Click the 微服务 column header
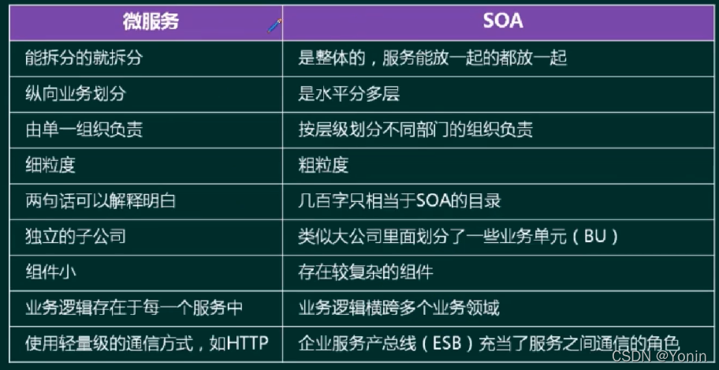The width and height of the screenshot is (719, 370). click(x=151, y=21)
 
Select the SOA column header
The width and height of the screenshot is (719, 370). click(x=502, y=21)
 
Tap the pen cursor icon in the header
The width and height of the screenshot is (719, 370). click(x=274, y=25)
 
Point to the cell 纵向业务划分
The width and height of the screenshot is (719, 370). click(x=75, y=94)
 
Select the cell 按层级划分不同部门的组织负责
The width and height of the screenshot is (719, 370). click(x=415, y=129)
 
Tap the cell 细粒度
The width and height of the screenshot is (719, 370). click(x=53, y=165)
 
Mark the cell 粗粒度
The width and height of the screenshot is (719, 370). click(x=324, y=165)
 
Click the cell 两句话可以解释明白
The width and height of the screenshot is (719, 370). click(x=100, y=200)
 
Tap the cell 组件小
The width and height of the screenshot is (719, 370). click(x=53, y=271)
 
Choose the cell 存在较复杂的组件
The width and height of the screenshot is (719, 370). click(x=366, y=271)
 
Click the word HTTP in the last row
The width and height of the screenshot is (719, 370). click(x=246, y=343)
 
